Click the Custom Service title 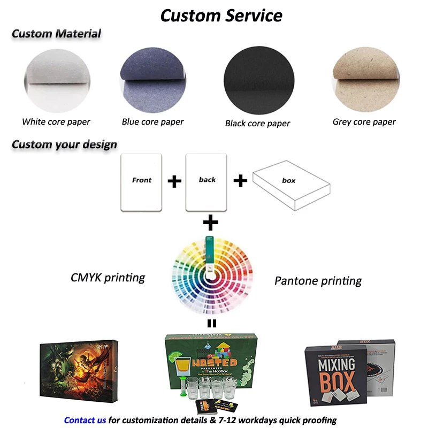[x=221, y=15]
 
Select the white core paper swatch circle [x=57, y=80]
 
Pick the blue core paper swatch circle [x=152, y=80]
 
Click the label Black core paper [x=257, y=124]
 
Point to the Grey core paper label [x=364, y=122]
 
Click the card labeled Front [x=142, y=181]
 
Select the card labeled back [x=207, y=181]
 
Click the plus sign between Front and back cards [x=174, y=181]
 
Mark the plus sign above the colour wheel [x=211, y=221]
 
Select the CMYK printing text [x=108, y=278]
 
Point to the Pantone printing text [x=318, y=280]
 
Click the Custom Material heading [x=56, y=34]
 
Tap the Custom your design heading [x=64, y=144]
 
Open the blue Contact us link [x=85, y=420]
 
